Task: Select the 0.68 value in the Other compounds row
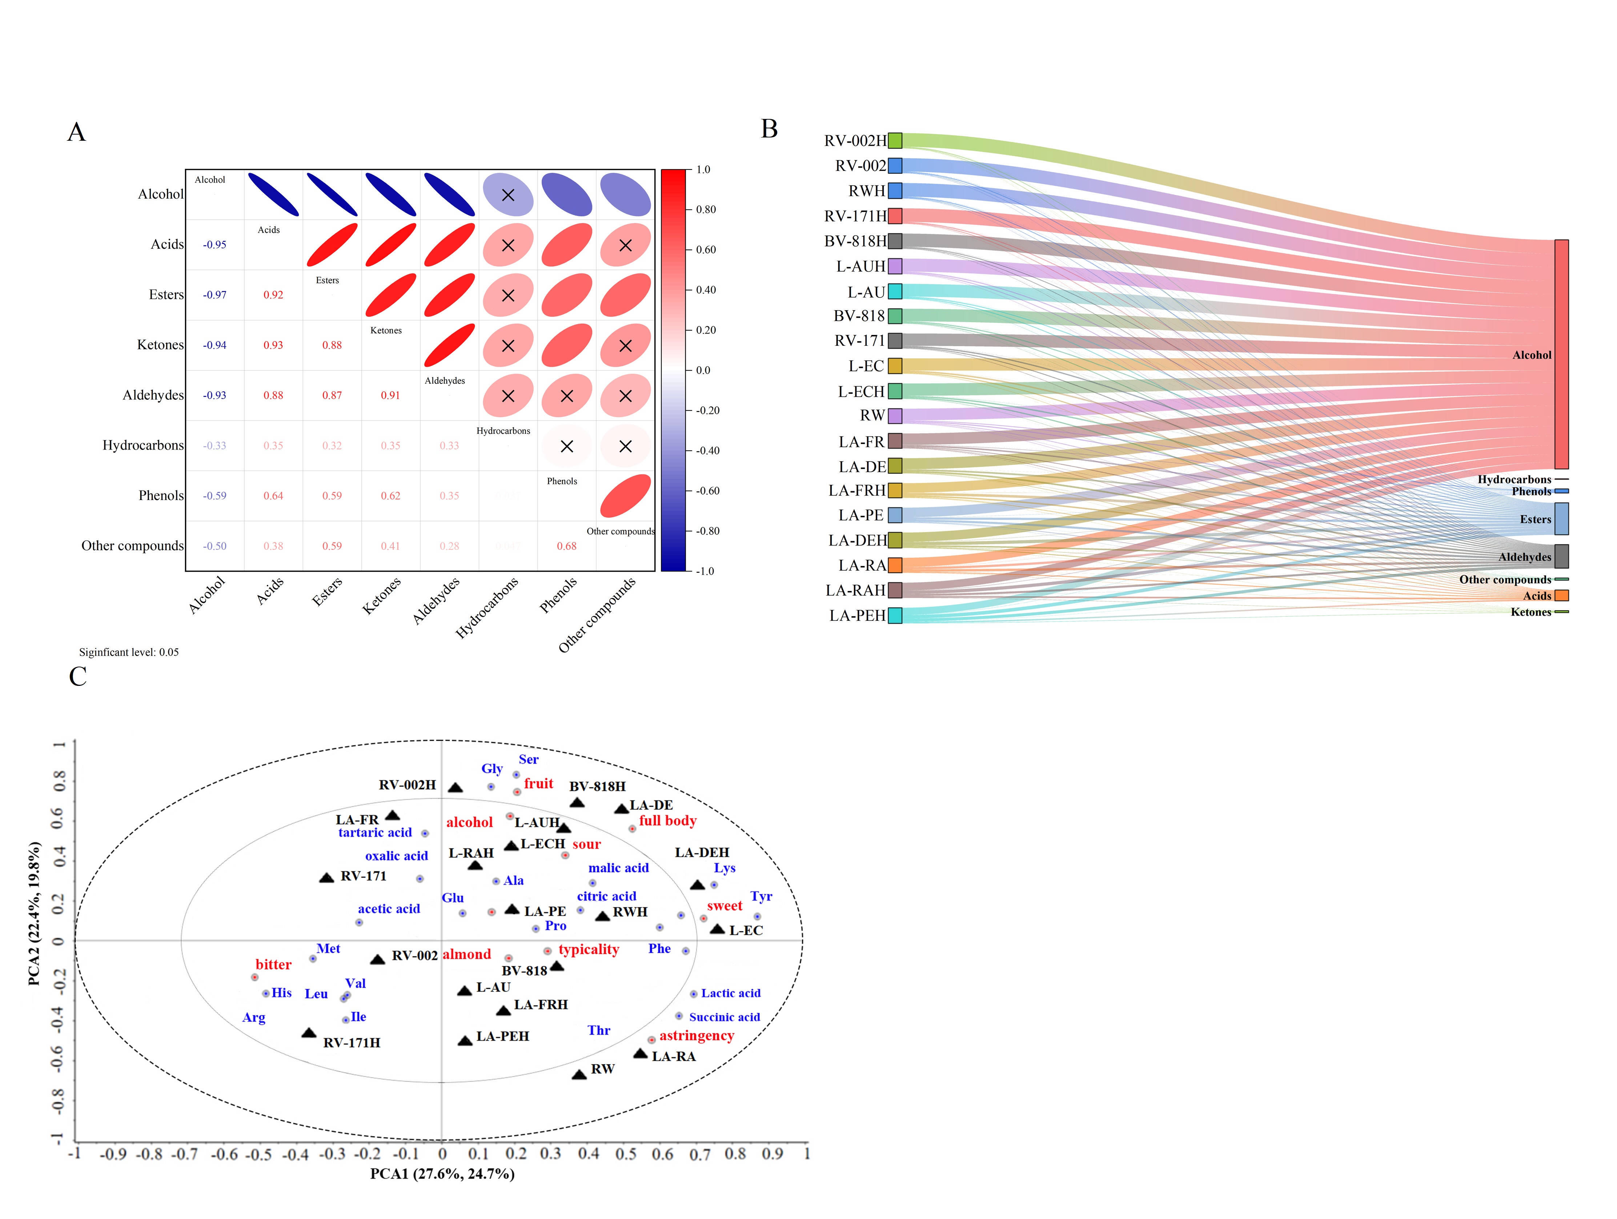566,546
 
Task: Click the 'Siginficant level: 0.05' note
129,652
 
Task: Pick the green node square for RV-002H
895,140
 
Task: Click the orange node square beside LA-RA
895,565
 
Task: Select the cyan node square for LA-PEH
895,616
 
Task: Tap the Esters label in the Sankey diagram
1535,519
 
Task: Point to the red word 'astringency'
697,1035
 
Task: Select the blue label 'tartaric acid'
375,833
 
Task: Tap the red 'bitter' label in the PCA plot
273,964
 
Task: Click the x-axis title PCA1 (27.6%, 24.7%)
442,1174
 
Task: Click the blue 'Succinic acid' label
725,1017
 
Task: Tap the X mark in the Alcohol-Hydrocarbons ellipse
508,195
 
